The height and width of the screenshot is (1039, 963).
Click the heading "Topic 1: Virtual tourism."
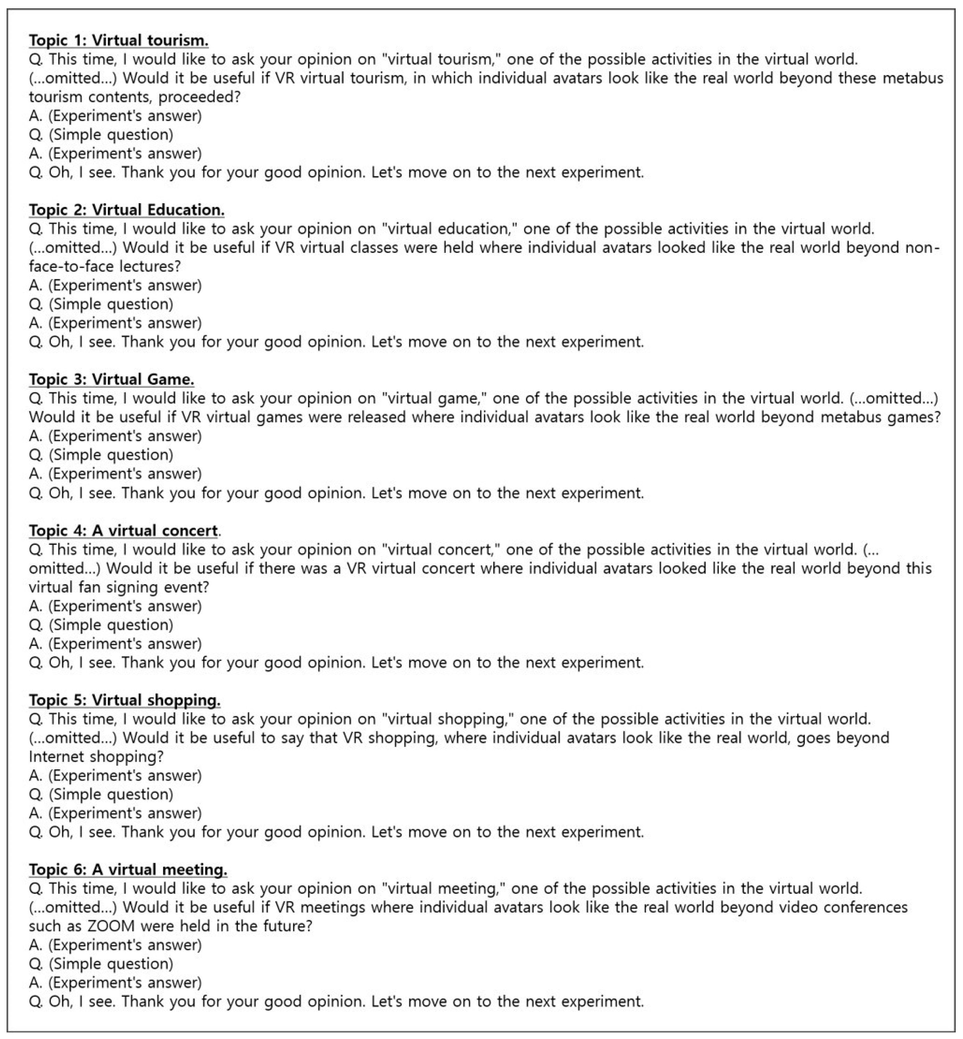click(x=119, y=40)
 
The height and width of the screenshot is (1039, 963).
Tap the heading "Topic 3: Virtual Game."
click(x=112, y=379)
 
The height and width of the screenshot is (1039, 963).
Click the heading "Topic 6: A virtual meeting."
click(x=128, y=869)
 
